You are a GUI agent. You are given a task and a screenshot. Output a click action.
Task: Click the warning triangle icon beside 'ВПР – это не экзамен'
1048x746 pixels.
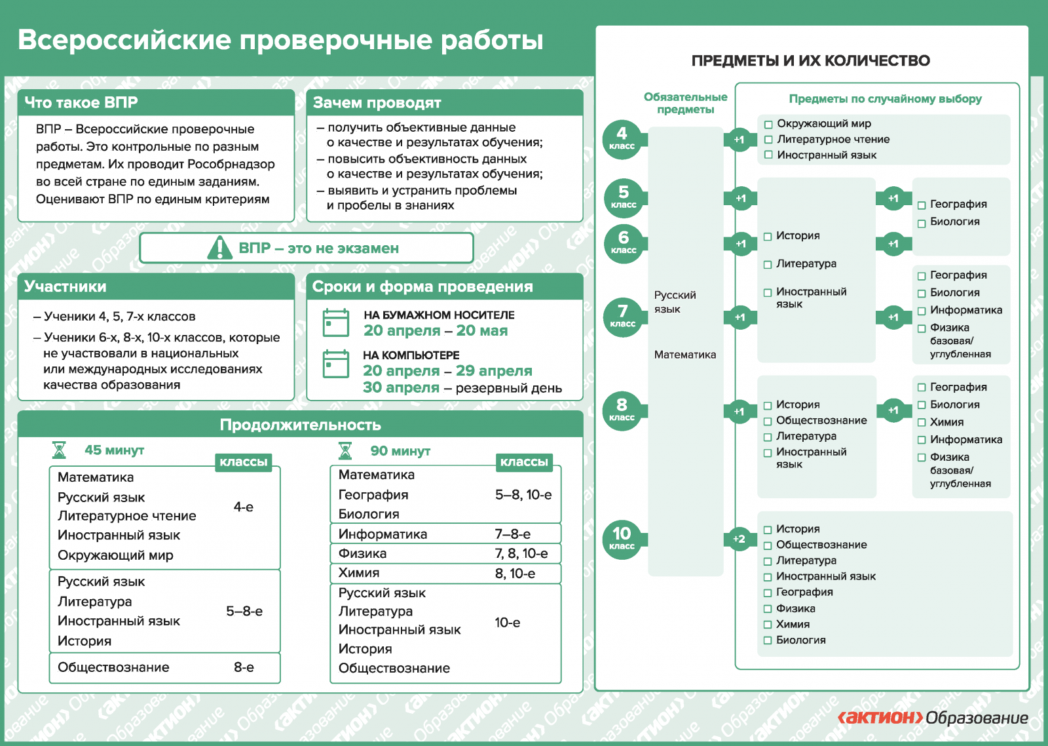point(219,248)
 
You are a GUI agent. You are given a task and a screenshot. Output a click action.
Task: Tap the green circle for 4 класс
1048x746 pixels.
point(622,139)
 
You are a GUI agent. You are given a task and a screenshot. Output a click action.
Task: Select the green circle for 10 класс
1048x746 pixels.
point(622,538)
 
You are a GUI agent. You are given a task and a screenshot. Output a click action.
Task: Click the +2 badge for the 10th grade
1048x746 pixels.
point(739,539)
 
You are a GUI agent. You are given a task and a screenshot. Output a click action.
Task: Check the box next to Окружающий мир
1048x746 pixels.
point(769,124)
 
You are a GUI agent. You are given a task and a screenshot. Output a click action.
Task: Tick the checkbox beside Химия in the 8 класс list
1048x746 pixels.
point(922,423)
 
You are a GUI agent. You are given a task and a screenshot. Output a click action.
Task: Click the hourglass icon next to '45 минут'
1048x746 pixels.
point(59,450)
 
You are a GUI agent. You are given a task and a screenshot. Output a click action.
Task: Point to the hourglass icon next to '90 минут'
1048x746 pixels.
point(345,451)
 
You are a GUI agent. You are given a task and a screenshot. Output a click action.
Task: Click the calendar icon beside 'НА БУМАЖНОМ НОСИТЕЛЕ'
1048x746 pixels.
point(336,323)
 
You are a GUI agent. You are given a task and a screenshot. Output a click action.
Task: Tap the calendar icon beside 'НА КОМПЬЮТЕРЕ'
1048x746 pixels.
point(336,364)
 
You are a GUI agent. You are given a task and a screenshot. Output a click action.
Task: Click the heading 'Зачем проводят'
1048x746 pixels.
point(377,103)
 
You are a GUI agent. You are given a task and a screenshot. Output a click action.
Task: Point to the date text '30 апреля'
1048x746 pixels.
point(401,388)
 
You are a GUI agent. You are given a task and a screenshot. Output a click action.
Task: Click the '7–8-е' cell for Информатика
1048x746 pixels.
point(513,534)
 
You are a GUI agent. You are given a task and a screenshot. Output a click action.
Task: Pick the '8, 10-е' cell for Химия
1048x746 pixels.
point(515,574)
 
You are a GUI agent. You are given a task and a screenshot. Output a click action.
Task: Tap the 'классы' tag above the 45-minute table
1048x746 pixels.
point(243,462)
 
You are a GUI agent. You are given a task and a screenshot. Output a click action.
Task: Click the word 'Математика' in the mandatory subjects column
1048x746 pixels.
point(685,355)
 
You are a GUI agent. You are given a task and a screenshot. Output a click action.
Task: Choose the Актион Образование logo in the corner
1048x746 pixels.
point(933,718)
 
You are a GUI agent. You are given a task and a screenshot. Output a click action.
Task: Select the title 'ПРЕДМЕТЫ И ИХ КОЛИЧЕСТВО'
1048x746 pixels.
point(811,61)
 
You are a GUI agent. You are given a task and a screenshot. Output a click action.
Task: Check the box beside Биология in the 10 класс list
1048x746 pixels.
point(768,640)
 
